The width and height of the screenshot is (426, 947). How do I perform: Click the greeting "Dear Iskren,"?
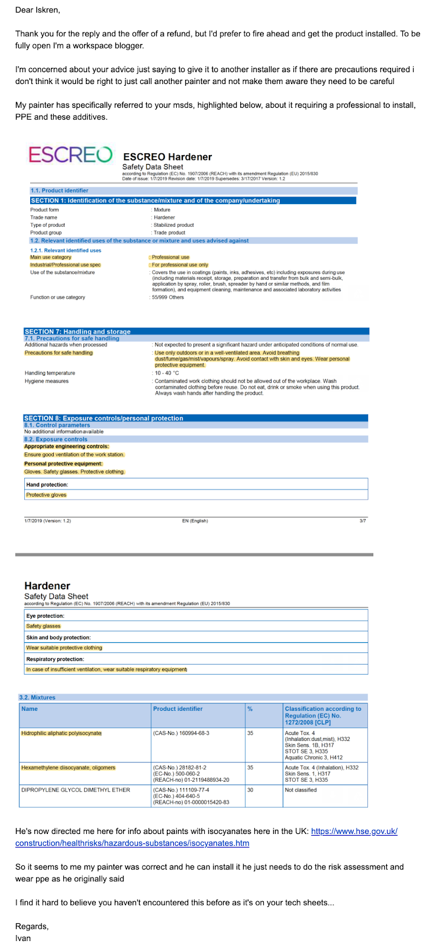coord(37,10)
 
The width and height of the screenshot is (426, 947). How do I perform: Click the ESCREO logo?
coord(70,154)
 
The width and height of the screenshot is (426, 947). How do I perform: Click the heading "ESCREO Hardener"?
coord(167,157)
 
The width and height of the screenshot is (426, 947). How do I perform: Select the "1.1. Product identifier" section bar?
coord(59,191)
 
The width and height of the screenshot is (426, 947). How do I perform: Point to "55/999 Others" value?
coord(168,297)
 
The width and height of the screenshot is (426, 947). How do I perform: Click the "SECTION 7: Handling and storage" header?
coord(78,331)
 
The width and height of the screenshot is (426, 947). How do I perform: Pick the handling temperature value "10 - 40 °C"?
coord(167,373)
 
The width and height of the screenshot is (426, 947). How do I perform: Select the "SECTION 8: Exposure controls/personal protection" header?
coord(104,418)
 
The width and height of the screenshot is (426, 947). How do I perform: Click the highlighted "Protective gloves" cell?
coord(46,495)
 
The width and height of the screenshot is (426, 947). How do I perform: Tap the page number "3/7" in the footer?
coord(363,521)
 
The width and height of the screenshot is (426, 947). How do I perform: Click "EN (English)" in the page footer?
coord(195,521)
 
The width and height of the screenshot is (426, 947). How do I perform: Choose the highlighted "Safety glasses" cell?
coord(43,626)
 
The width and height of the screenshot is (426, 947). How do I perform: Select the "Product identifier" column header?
coord(177,708)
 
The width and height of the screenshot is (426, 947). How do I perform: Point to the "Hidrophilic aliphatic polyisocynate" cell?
coord(61,733)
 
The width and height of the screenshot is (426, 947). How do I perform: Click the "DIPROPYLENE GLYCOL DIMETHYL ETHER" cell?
coord(75,790)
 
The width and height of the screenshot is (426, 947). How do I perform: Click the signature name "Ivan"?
coord(24,938)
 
